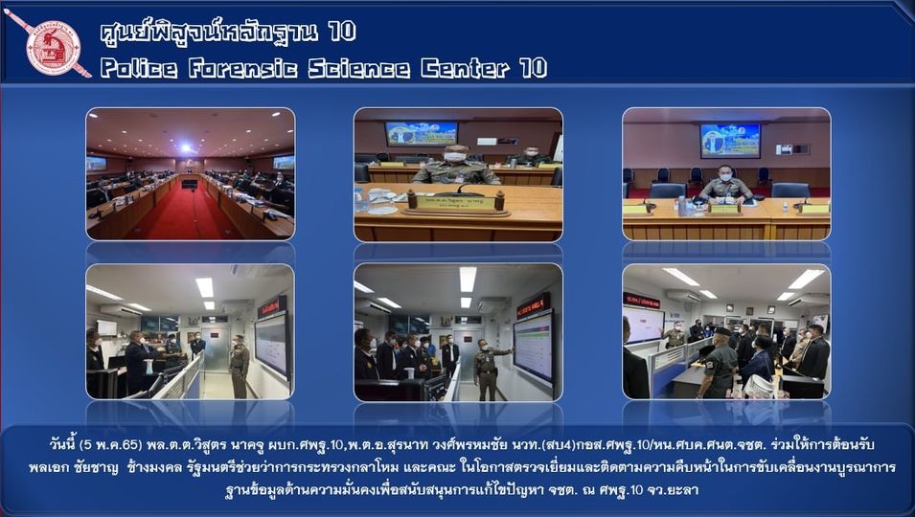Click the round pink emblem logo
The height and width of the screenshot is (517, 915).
click(53, 48)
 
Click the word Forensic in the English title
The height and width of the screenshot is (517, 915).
click(242, 69)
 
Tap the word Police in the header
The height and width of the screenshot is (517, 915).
click(139, 69)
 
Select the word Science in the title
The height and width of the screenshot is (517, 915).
click(359, 69)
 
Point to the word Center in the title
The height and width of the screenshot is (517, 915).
click(465, 69)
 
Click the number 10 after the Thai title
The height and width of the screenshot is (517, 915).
click(342, 32)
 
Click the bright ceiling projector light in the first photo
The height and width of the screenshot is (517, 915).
click(186, 147)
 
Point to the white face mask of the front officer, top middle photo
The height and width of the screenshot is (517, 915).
click(454, 157)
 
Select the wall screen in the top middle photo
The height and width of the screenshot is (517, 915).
click(421, 133)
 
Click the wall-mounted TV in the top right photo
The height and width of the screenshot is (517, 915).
click(730, 140)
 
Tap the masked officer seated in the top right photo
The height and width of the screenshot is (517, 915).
click(725, 185)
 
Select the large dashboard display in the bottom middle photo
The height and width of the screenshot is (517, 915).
click(533, 347)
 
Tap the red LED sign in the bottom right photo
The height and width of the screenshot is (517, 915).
click(641, 301)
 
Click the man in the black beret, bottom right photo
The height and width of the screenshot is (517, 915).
click(719, 363)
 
